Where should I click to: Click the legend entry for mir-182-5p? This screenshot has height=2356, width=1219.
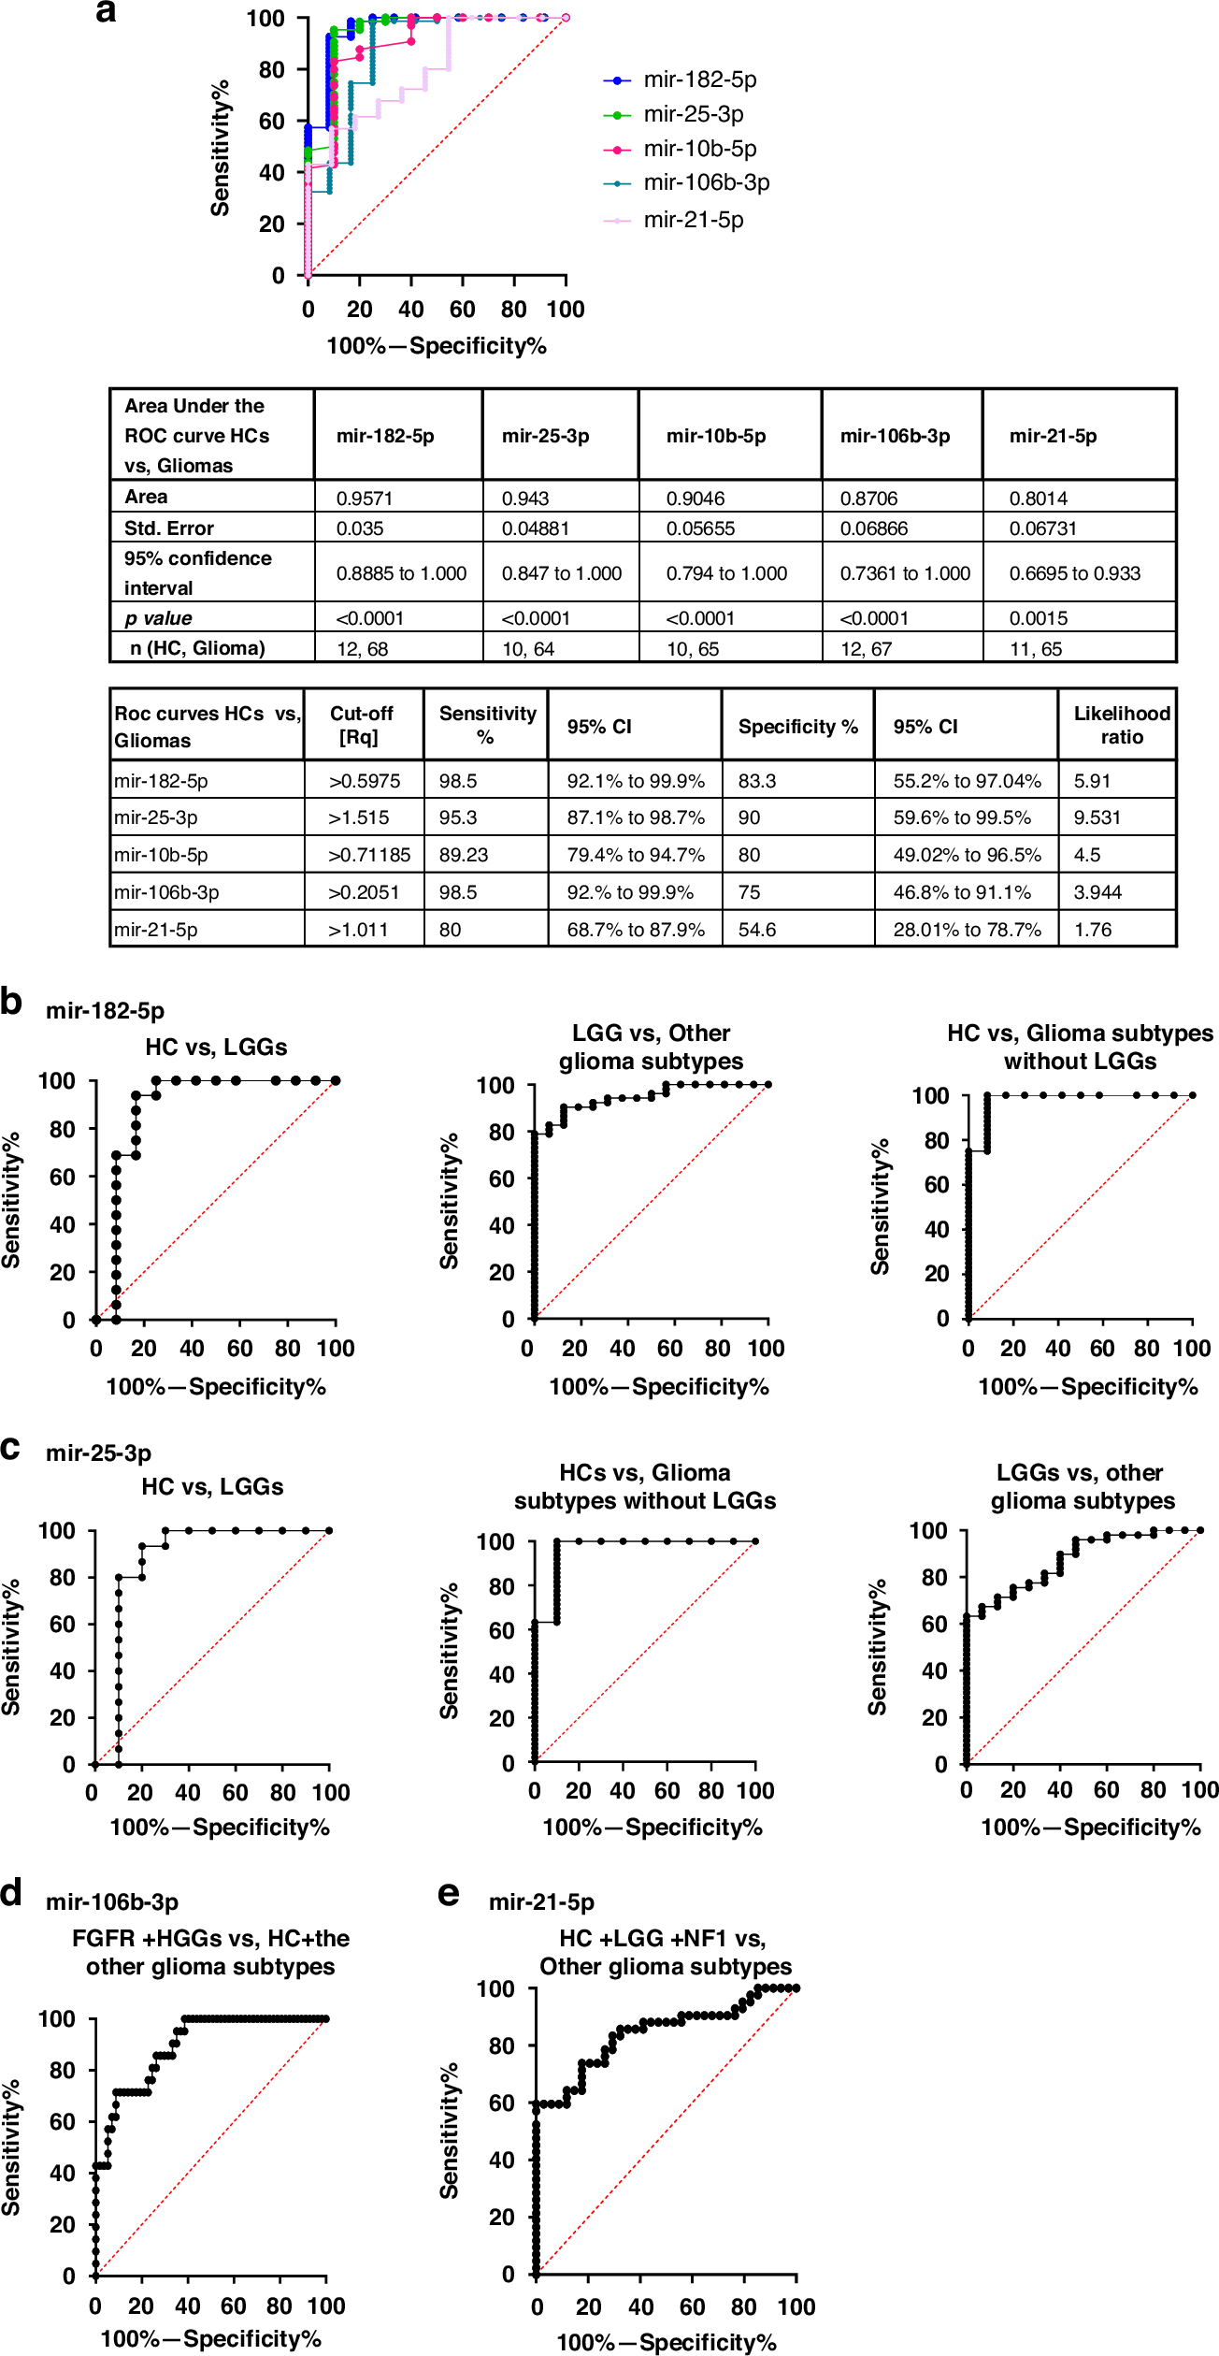pos(698,80)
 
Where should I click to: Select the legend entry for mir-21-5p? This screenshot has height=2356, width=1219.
pos(692,221)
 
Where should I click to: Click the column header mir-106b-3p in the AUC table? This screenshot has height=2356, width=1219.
pos(895,436)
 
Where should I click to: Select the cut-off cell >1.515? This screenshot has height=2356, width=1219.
pos(358,817)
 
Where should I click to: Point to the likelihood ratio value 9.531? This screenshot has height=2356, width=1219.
pos(1096,817)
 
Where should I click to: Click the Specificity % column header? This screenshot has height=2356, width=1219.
pos(797,727)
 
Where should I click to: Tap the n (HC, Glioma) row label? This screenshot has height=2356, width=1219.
pos(197,648)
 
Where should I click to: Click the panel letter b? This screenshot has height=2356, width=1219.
pos(11,1002)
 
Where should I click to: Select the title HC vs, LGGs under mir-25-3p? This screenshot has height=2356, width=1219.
pos(212,1486)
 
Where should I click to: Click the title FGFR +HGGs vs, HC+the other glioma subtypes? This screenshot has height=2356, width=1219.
pos(210,1952)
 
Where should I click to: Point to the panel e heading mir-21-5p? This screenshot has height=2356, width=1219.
pos(541,1901)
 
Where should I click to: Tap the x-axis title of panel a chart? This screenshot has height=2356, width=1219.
pos(436,346)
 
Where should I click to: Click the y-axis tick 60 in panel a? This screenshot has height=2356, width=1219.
pos(271,122)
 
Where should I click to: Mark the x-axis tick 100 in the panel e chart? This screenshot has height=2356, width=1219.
pos(796,2306)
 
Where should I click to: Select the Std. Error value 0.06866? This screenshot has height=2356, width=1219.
pos(873,528)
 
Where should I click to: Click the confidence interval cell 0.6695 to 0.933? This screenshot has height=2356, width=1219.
pos(1074,573)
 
